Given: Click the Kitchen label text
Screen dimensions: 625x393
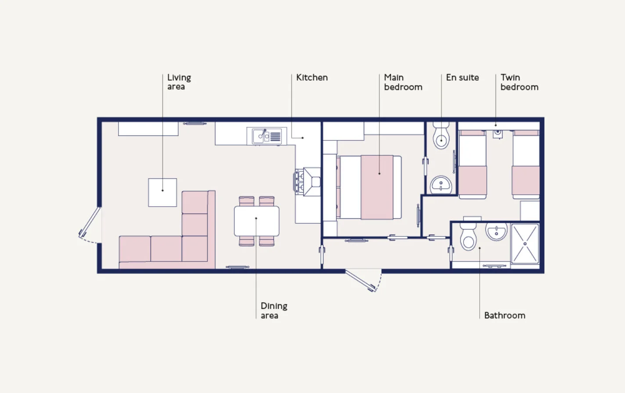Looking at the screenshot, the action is coord(312,77).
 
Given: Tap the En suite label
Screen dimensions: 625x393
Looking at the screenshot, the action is coord(462,77).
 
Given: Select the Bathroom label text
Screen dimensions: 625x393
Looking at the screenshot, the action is coord(505,315).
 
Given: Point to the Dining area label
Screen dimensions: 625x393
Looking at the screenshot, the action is coord(274,311).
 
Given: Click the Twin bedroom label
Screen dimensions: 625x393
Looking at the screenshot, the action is coord(519,82).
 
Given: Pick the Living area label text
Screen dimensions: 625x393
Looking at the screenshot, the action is coord(179,82).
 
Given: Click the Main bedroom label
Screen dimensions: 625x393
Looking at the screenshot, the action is coord(403,82).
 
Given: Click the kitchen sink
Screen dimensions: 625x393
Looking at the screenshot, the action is coord(267,136).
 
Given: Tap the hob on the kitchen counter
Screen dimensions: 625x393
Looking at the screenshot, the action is coord(298,182).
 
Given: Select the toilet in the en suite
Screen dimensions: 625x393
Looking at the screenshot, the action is coord(441,136).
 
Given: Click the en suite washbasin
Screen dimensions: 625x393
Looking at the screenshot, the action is coord(441,185).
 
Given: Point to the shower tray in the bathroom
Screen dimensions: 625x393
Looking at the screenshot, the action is coord(525,243).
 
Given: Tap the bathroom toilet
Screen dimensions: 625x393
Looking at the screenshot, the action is coord(468,236).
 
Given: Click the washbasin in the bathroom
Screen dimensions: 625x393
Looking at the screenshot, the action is coord(496,232).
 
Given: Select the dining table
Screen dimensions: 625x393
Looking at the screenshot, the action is coord(257,221).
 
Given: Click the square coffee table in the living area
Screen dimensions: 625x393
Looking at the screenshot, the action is coord(162,193).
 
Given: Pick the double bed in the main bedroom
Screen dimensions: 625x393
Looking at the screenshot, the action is coord(369,187).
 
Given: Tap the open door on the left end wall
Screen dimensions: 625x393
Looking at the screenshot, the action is coord(89,222).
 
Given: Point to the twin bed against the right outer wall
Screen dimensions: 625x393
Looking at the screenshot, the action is coord(526,164).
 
